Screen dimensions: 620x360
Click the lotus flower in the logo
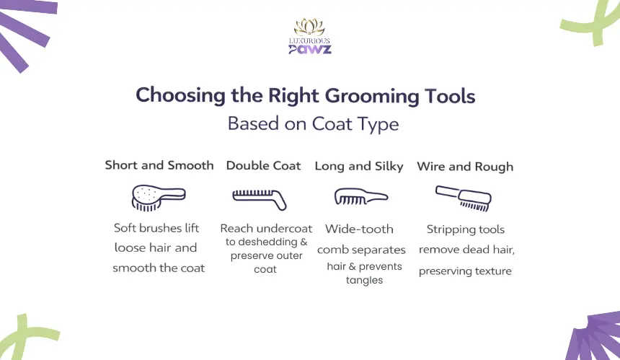coord(309,27)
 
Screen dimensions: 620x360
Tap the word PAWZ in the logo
coord(310,50)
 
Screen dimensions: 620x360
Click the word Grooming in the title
coord(371,97)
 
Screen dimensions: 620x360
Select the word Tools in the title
coord(450,96)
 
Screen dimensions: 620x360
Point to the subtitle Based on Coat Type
coord(313,124)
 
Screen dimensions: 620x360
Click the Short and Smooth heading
coord(159,165)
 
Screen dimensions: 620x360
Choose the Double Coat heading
coord(263,165)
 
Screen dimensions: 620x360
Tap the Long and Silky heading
coord(359,166)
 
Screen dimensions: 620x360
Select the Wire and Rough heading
coord(465,167)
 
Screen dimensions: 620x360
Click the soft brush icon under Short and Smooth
coord(158,198)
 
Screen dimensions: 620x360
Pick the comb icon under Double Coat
coord(260,199)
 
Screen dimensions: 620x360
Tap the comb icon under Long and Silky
coord(361,196)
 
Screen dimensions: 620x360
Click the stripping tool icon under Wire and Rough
coord(464,198)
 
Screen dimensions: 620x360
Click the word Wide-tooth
coord(359,229)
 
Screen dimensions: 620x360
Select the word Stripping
coord(446,230)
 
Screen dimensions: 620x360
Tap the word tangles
coord(364,280)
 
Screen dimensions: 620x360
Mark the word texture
coord(493,271)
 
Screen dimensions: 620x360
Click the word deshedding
coord(262,242)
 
